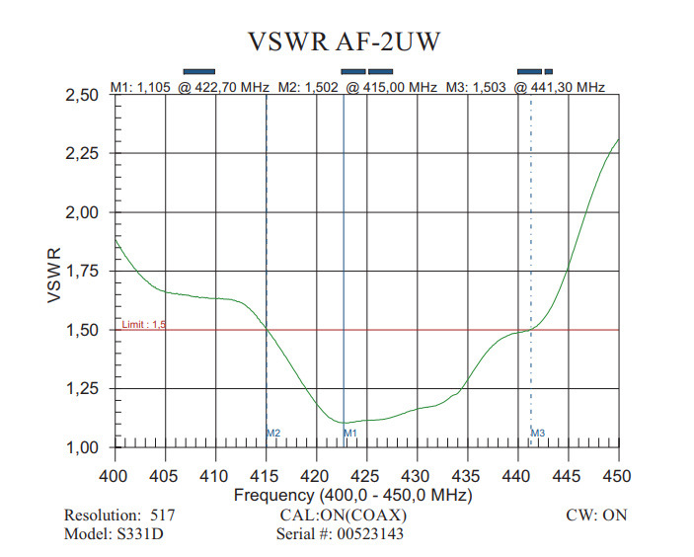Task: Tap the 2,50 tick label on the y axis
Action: click(x=84, y=96)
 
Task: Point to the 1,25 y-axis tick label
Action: click(x=84, y=389)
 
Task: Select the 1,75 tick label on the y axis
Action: click(x=84, y=272)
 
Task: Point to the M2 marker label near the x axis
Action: click(x=274, y=433)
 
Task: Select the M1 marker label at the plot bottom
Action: click(x=350, y=433)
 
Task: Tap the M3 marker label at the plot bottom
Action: click(x=538, y=433)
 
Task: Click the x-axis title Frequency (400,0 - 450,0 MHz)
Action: click(x=352, y=494)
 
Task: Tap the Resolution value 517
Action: click(x=163, y=516)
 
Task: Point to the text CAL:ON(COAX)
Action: click(x=344, y=516)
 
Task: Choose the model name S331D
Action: click(x=140, y=535)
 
